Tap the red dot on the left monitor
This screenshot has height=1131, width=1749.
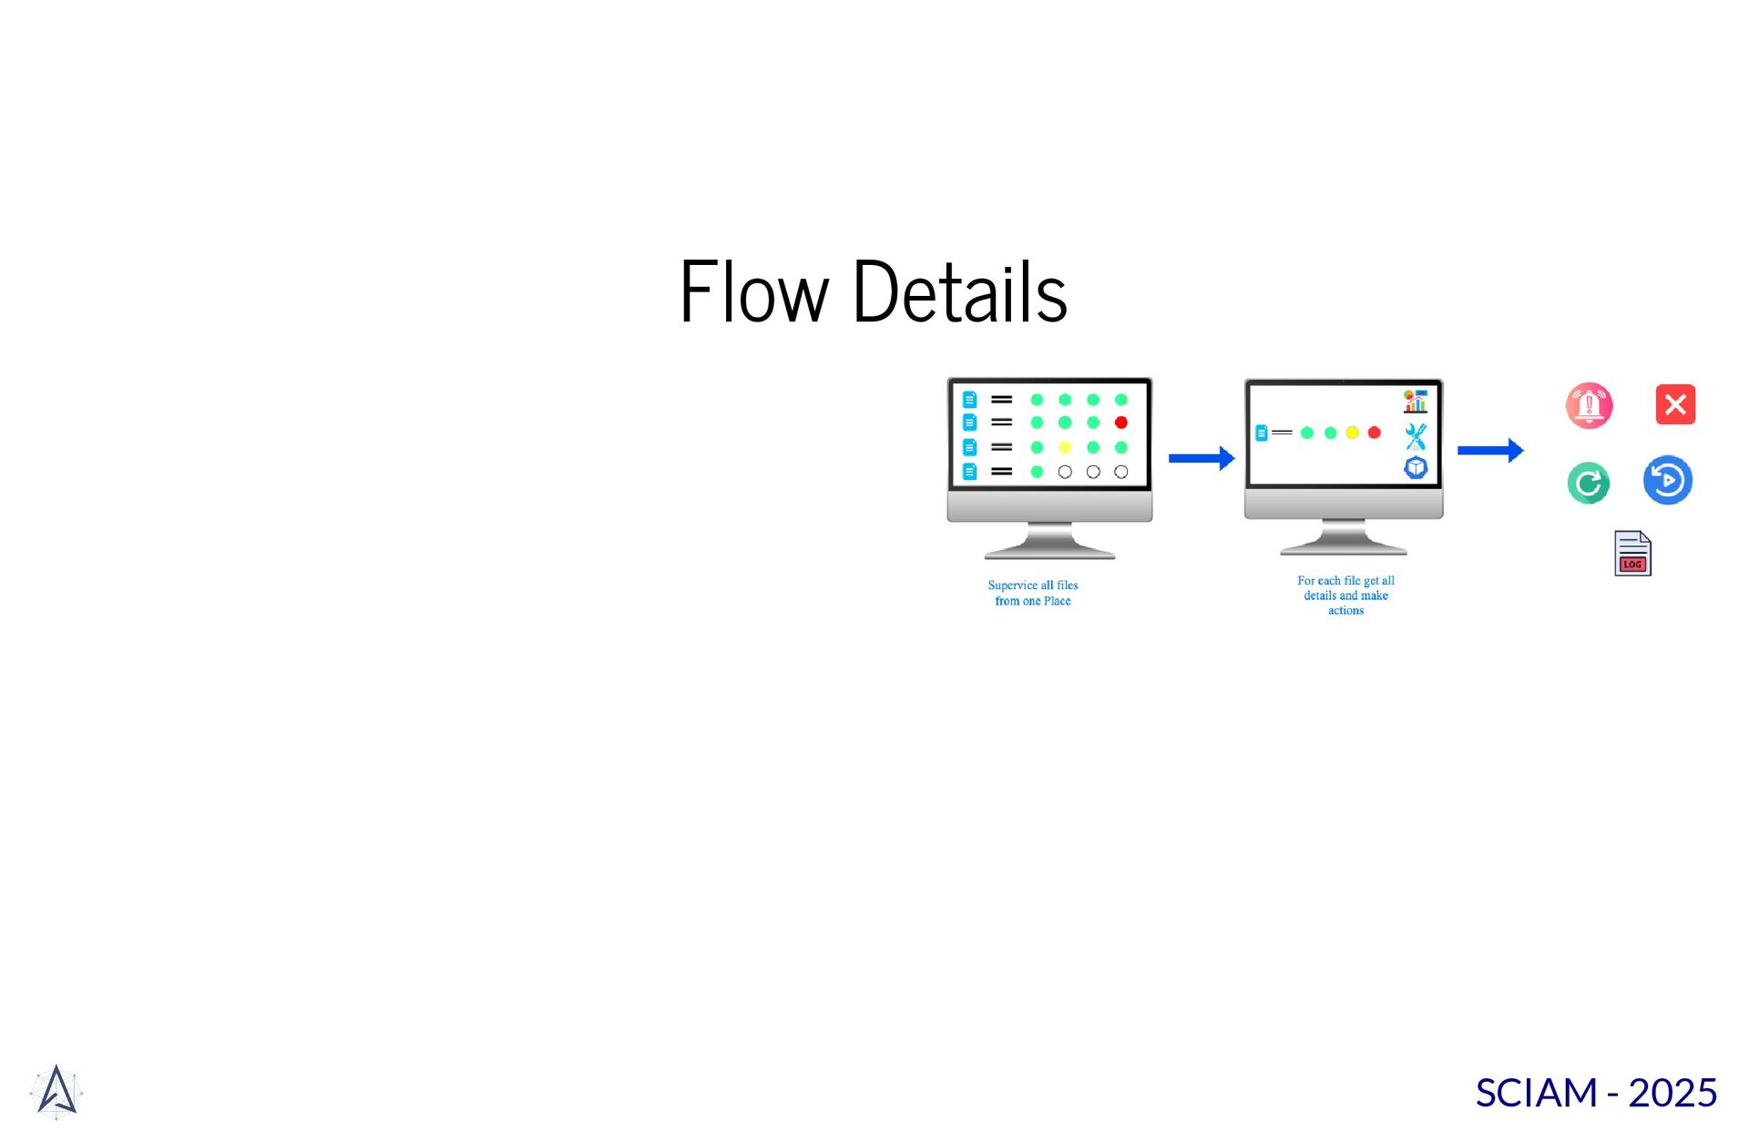pyautogui.click(x=1121, y=423)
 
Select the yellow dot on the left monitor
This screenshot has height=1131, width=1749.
pyautogui.click(x=1064, y=447)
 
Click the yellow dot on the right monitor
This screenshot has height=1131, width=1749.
pyautogui.click(x=1352, y=433)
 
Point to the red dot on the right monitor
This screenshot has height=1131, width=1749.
pyautogui.click(x=1374, y=433)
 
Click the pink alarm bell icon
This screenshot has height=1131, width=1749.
pyautogui.click(x=1589, y=405)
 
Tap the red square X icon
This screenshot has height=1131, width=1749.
pyautogui.click(x=1675, y=404)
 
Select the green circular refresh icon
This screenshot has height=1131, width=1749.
pyautogui.click(x=1588, y=483)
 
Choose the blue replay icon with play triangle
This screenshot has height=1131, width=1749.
pyautogui.click(x=1668, y=480)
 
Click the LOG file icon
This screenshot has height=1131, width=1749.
pyautogui.click(x=1632, y=554)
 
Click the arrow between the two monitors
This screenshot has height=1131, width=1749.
pyautogui.click(x=1202, y=458)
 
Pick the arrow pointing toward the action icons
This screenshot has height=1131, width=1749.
pyautogui.click(x=1490, y=450)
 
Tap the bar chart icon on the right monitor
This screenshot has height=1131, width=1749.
pyautogui.click(x=1416, y=401)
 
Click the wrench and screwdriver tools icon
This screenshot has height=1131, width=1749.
pyautogui.click(x=1416, y=436)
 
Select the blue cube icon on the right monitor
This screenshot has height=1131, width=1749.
pyautogui.click(x=1416, y=468)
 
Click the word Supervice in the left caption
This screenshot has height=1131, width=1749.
pyautogui.click(x=1012, y=586)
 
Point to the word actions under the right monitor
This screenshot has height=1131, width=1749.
pyautogui.click(x=1345, y=611)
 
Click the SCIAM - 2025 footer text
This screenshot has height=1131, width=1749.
pyautogui.click(x=1596, y=1093)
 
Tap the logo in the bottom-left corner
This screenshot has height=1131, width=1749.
pyautogui.click(x=56, y=1091)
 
